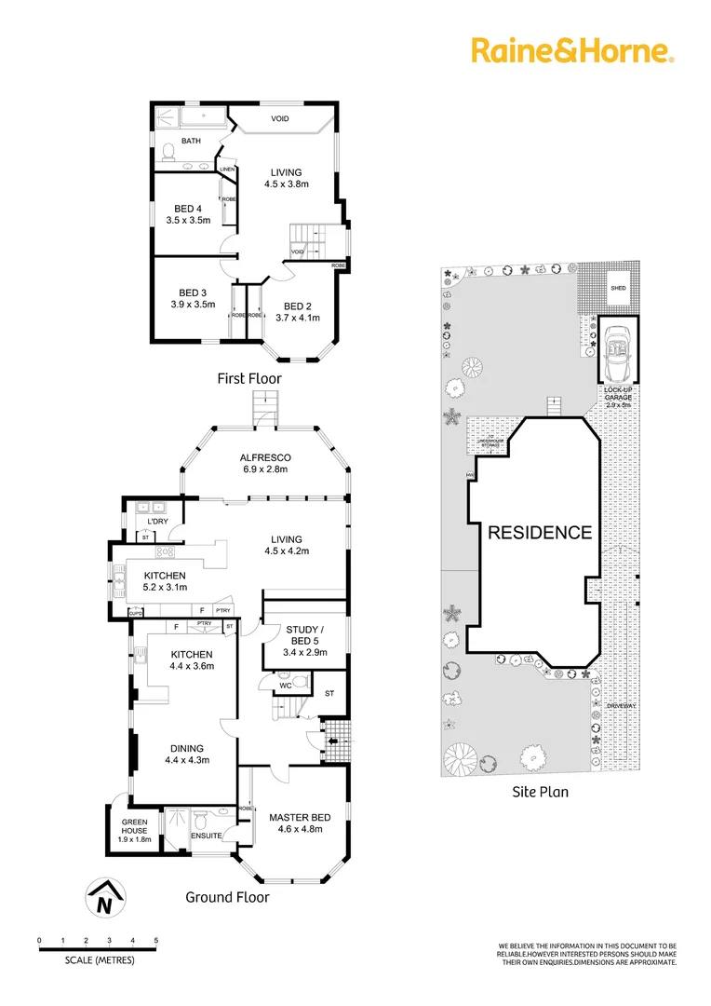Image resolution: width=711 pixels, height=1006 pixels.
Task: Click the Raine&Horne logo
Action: click(571, 49)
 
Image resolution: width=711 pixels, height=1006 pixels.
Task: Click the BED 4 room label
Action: click(187, 209)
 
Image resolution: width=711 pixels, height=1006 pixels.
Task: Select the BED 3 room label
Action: click(192, 292)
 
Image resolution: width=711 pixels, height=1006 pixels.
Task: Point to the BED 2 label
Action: click(298, 306)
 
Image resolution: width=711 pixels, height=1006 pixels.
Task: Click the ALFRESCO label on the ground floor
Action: click(266, 457)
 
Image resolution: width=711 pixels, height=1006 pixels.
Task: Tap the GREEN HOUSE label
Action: click(134, 822)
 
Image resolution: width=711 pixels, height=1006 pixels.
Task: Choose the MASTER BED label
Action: click(295, 818)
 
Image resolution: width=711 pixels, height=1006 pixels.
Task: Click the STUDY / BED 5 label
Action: click(290, 628)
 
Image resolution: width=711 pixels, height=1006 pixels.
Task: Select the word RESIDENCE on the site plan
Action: click(540, 533)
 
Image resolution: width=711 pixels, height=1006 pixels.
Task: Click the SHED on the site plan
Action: click(618, 289)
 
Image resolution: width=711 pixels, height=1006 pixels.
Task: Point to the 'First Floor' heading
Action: click(248, 378)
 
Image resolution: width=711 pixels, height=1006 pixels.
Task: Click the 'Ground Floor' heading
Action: click(227, 897)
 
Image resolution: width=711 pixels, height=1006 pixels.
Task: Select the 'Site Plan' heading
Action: click(540, 792)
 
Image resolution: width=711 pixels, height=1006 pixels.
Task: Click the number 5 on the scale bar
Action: click(156, 941)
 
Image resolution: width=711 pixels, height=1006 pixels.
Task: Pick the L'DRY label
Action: click(143, 521)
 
